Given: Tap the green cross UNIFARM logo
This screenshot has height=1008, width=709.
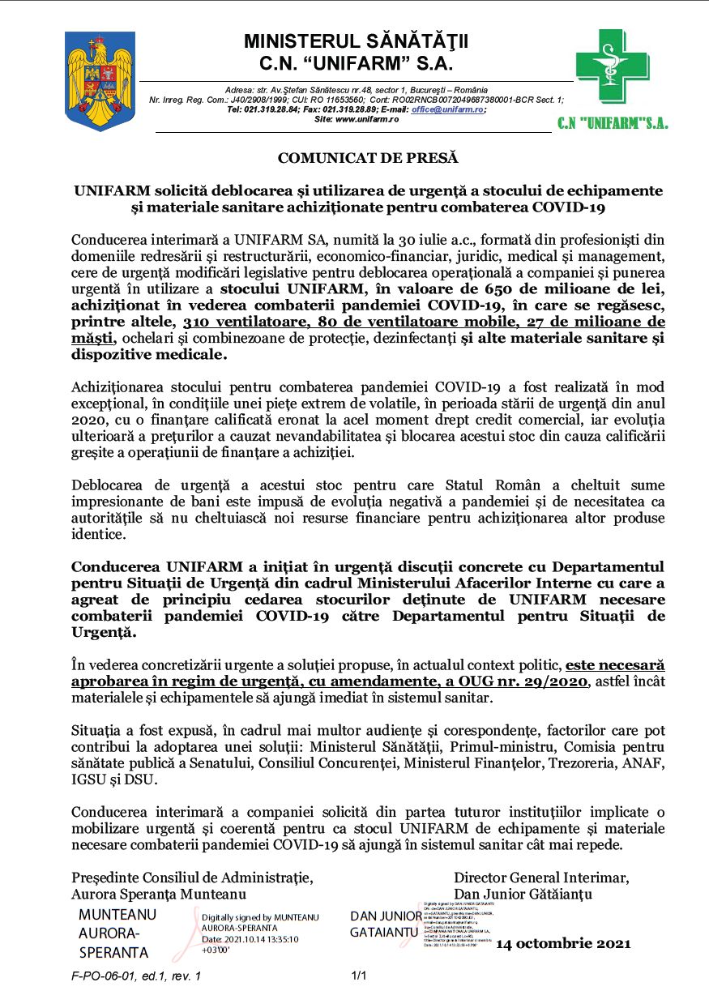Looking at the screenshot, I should (613, 67).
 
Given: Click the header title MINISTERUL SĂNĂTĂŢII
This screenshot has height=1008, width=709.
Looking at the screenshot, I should (356, 41).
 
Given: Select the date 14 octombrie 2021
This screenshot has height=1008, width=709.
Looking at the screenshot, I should (563, 944).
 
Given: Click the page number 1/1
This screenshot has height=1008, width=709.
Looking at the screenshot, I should (359, 976).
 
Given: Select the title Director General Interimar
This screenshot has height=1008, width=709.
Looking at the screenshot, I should (541, 878).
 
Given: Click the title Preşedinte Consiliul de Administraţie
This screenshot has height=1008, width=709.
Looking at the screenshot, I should (192, 878).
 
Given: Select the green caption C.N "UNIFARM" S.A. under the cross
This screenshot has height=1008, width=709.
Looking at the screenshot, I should (613, 124).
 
